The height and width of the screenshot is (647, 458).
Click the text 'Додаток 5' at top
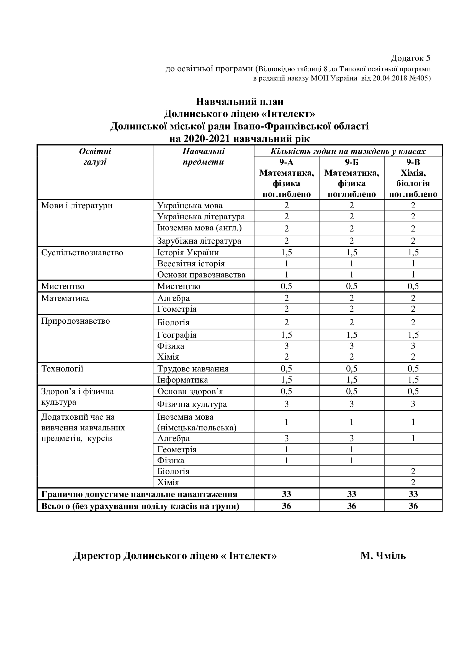click(410, 58)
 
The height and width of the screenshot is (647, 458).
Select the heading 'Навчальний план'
click(240, 102)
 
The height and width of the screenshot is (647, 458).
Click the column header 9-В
click(413, 162)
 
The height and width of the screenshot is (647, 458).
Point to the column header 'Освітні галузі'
click(95, 157)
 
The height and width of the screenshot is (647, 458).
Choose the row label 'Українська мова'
click(190, 206)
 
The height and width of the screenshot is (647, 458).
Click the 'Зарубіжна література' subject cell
click(199, 241)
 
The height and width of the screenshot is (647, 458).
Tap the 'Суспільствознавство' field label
click(82, 253)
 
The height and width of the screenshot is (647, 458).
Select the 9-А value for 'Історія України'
click(286, 253)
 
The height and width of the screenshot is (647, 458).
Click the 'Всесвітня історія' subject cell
click(191, 264)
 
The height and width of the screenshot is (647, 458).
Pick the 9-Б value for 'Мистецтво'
click(351, 286)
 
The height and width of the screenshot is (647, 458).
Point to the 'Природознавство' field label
click(75, 321)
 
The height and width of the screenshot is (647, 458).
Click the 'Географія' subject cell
click(177, 335)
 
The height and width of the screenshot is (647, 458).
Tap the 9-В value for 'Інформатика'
click(413, 380)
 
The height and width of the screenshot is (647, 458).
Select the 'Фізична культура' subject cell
click(192, 404)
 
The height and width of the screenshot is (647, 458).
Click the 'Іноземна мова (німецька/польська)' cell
click(197, 422)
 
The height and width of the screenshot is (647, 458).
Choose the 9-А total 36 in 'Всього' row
click(286, 506)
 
